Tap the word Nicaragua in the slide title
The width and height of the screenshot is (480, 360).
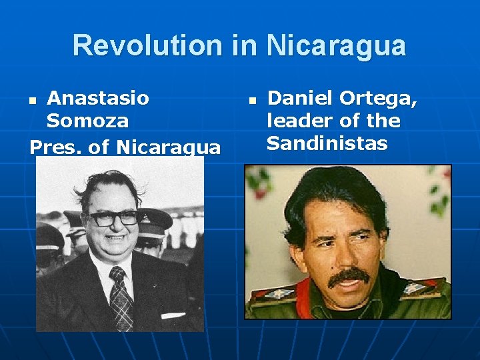336,45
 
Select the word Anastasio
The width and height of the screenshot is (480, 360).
98,99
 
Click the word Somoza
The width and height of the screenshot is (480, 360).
87,121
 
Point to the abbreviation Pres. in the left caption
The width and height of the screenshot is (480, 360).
55,146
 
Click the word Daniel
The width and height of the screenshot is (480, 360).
299,99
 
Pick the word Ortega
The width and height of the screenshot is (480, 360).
379,99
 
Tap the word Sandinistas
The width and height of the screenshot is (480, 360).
327,143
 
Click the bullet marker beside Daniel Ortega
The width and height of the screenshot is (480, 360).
252,101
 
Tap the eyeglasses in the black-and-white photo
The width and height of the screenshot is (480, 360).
114,218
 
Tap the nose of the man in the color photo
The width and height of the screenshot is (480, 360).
351,253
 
